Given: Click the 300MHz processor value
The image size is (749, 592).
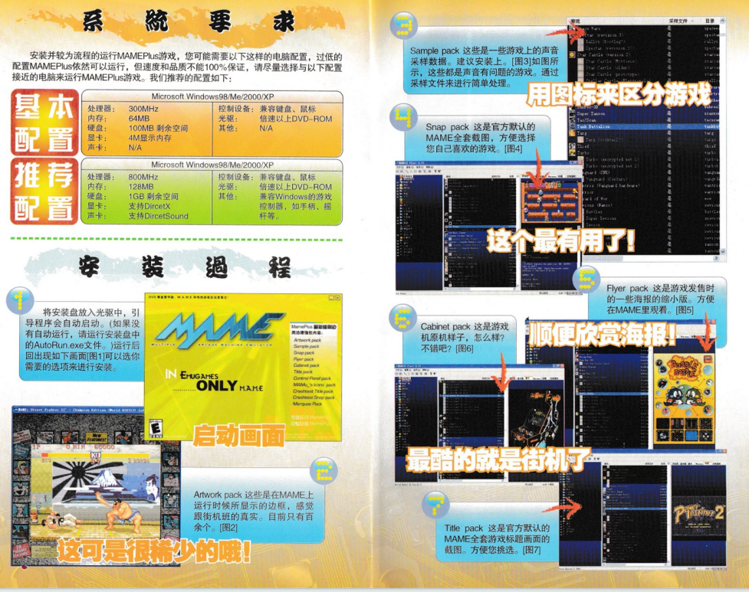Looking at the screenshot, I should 141,110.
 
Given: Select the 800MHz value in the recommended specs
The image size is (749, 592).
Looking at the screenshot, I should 141,177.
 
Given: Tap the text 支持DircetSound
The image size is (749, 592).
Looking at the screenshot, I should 156,216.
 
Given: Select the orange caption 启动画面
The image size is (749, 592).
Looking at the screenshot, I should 238,434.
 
